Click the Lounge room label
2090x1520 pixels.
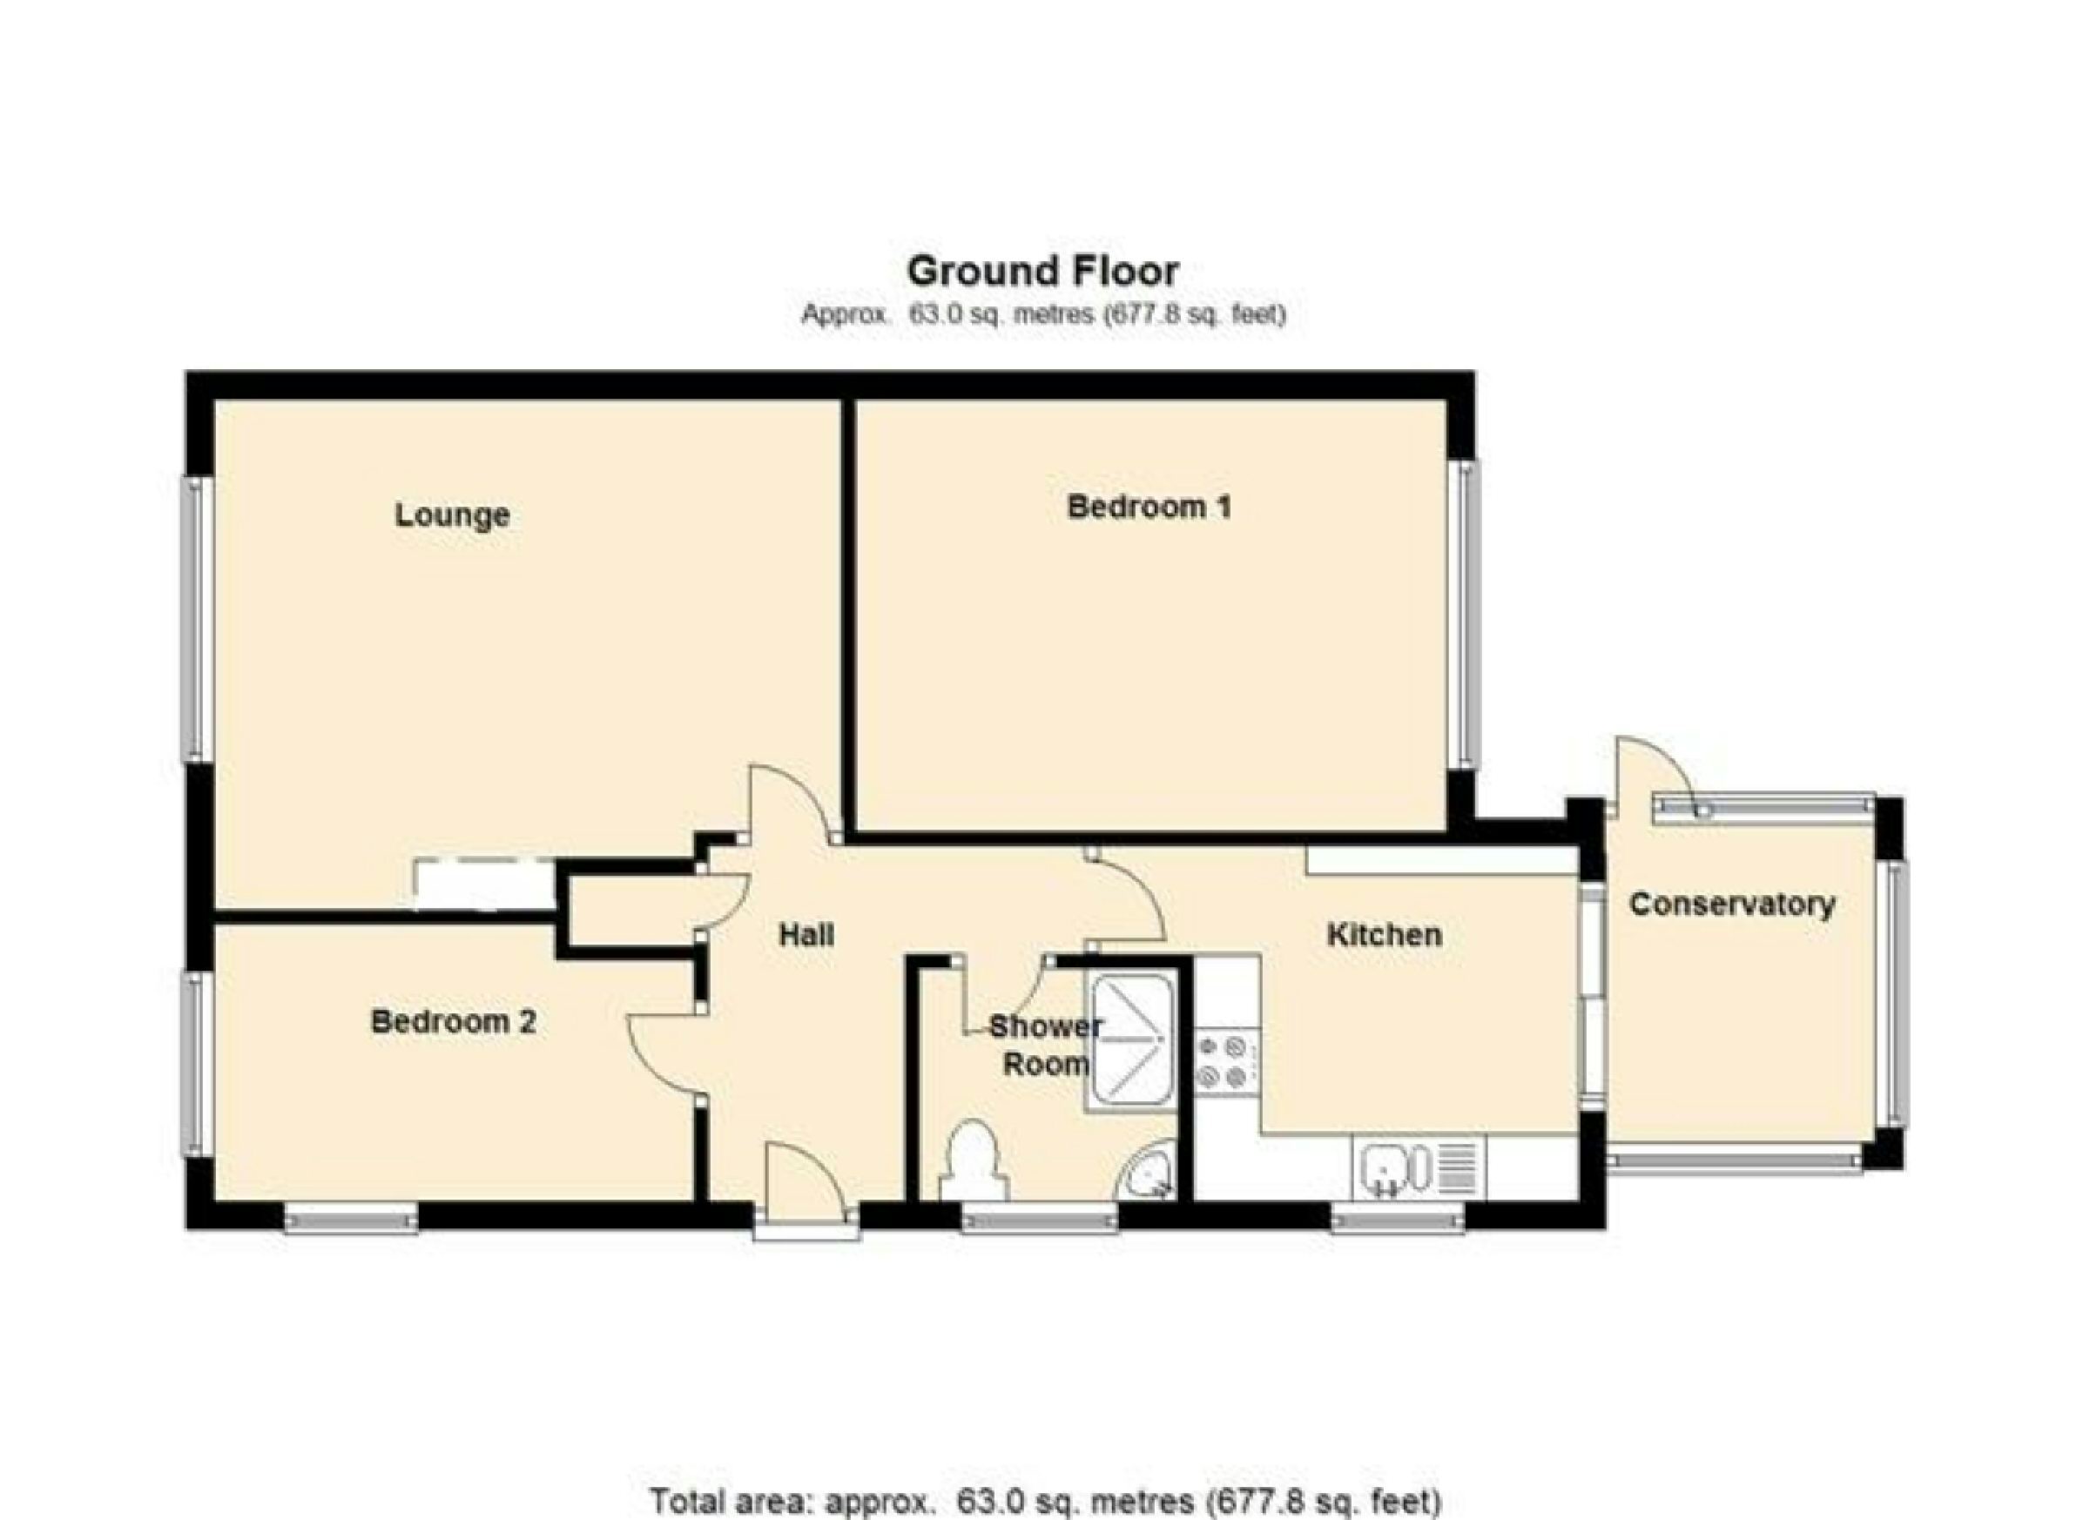point(452,515)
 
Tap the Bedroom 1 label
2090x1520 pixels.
point(1149,507)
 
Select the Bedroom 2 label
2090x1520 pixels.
point(453,1022)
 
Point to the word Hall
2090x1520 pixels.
point(806,935)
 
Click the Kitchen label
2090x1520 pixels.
point(1384,935)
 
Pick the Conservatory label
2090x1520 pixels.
point(1731,904)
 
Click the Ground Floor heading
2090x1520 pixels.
point(1043,271)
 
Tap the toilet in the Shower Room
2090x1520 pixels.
point(971,1160)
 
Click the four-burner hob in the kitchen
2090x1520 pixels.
point(1223,1062)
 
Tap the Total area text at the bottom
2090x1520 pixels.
point(1045,1501)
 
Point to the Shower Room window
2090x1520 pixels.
point(1040,1221)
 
